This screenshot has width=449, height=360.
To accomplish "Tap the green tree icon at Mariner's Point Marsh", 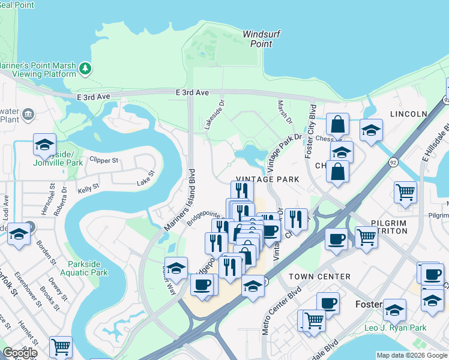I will click(86, 68).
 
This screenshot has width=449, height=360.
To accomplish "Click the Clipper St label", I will click(104, 161).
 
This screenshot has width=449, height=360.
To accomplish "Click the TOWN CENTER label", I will click(319, 277).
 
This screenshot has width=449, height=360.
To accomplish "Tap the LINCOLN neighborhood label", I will click(408, 114).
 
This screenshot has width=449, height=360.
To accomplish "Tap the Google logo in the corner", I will click(20, 353).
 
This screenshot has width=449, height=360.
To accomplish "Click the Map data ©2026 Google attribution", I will click(411, 355).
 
